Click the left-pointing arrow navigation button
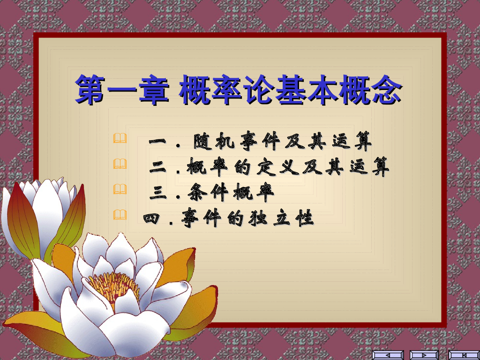pyautogui.click(x=388, y=355)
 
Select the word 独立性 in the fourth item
pyautogui.click(x=286, y=218)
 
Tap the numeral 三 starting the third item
pyautogui.click(x=159, y=192)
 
